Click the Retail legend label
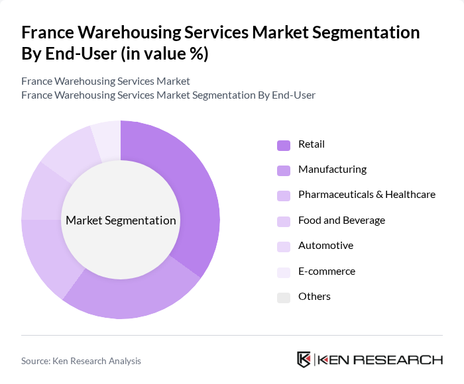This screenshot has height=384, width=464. coord(311,144)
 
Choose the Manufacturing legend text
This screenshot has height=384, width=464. coord(332,169)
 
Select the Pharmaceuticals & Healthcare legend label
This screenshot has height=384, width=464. coord(367,195)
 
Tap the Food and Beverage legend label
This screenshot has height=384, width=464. coord(341,220)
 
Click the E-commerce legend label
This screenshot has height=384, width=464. coord(327,271)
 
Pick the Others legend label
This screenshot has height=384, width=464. coord(314,297)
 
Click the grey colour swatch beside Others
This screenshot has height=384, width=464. coord(284,297)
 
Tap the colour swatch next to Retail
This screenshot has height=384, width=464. coord(284,145)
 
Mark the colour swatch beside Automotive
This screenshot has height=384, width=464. coord(284,246)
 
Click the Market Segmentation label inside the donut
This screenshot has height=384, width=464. coord(121,220)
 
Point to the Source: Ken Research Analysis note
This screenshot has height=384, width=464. coord(81,361)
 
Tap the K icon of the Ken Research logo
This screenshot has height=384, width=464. coord(304,360)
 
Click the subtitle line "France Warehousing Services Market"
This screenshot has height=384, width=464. coord(105,81)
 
